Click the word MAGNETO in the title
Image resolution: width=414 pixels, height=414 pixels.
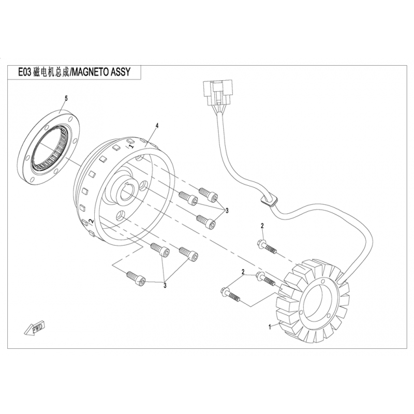point(91,73)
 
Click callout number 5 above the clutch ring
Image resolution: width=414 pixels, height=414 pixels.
point(66,98)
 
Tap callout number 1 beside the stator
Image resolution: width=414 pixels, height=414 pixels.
point(269,327)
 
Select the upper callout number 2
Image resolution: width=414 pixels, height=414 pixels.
point(262,226)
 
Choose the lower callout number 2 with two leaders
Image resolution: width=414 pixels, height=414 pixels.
point(242,272)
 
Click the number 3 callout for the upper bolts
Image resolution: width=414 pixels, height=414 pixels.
point(227,209)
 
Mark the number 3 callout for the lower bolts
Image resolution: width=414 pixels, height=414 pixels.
point(165,284)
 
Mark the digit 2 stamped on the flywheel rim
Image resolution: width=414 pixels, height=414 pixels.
point(91,222)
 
